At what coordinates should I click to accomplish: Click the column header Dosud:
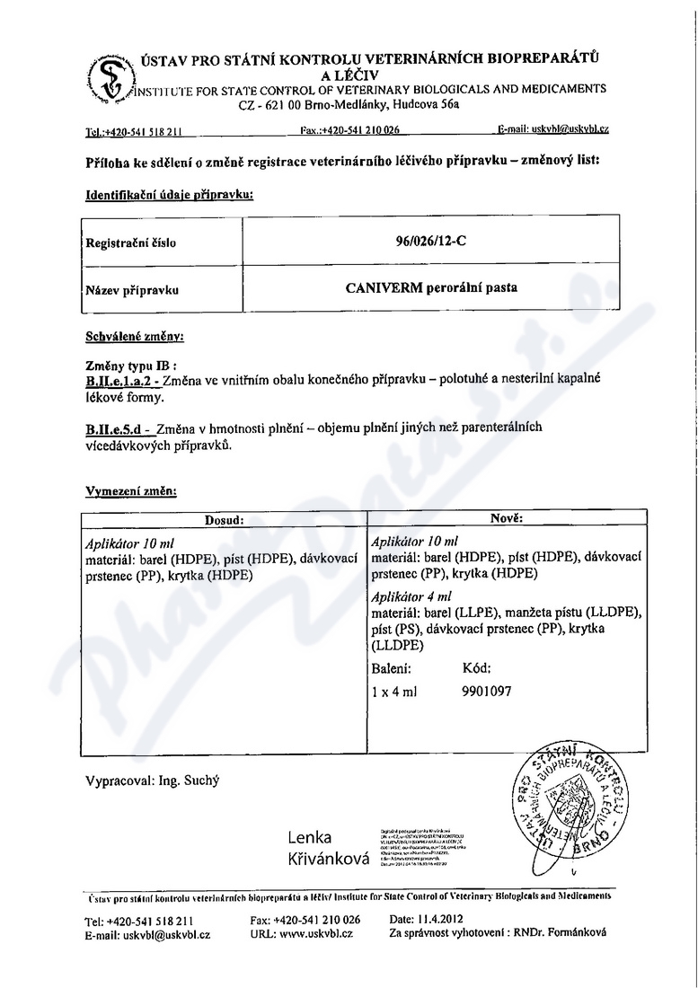224,518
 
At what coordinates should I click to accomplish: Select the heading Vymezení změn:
131,491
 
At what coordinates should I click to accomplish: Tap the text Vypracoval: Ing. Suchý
151,780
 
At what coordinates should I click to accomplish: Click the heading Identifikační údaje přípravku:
169,195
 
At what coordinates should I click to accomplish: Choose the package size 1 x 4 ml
392,692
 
